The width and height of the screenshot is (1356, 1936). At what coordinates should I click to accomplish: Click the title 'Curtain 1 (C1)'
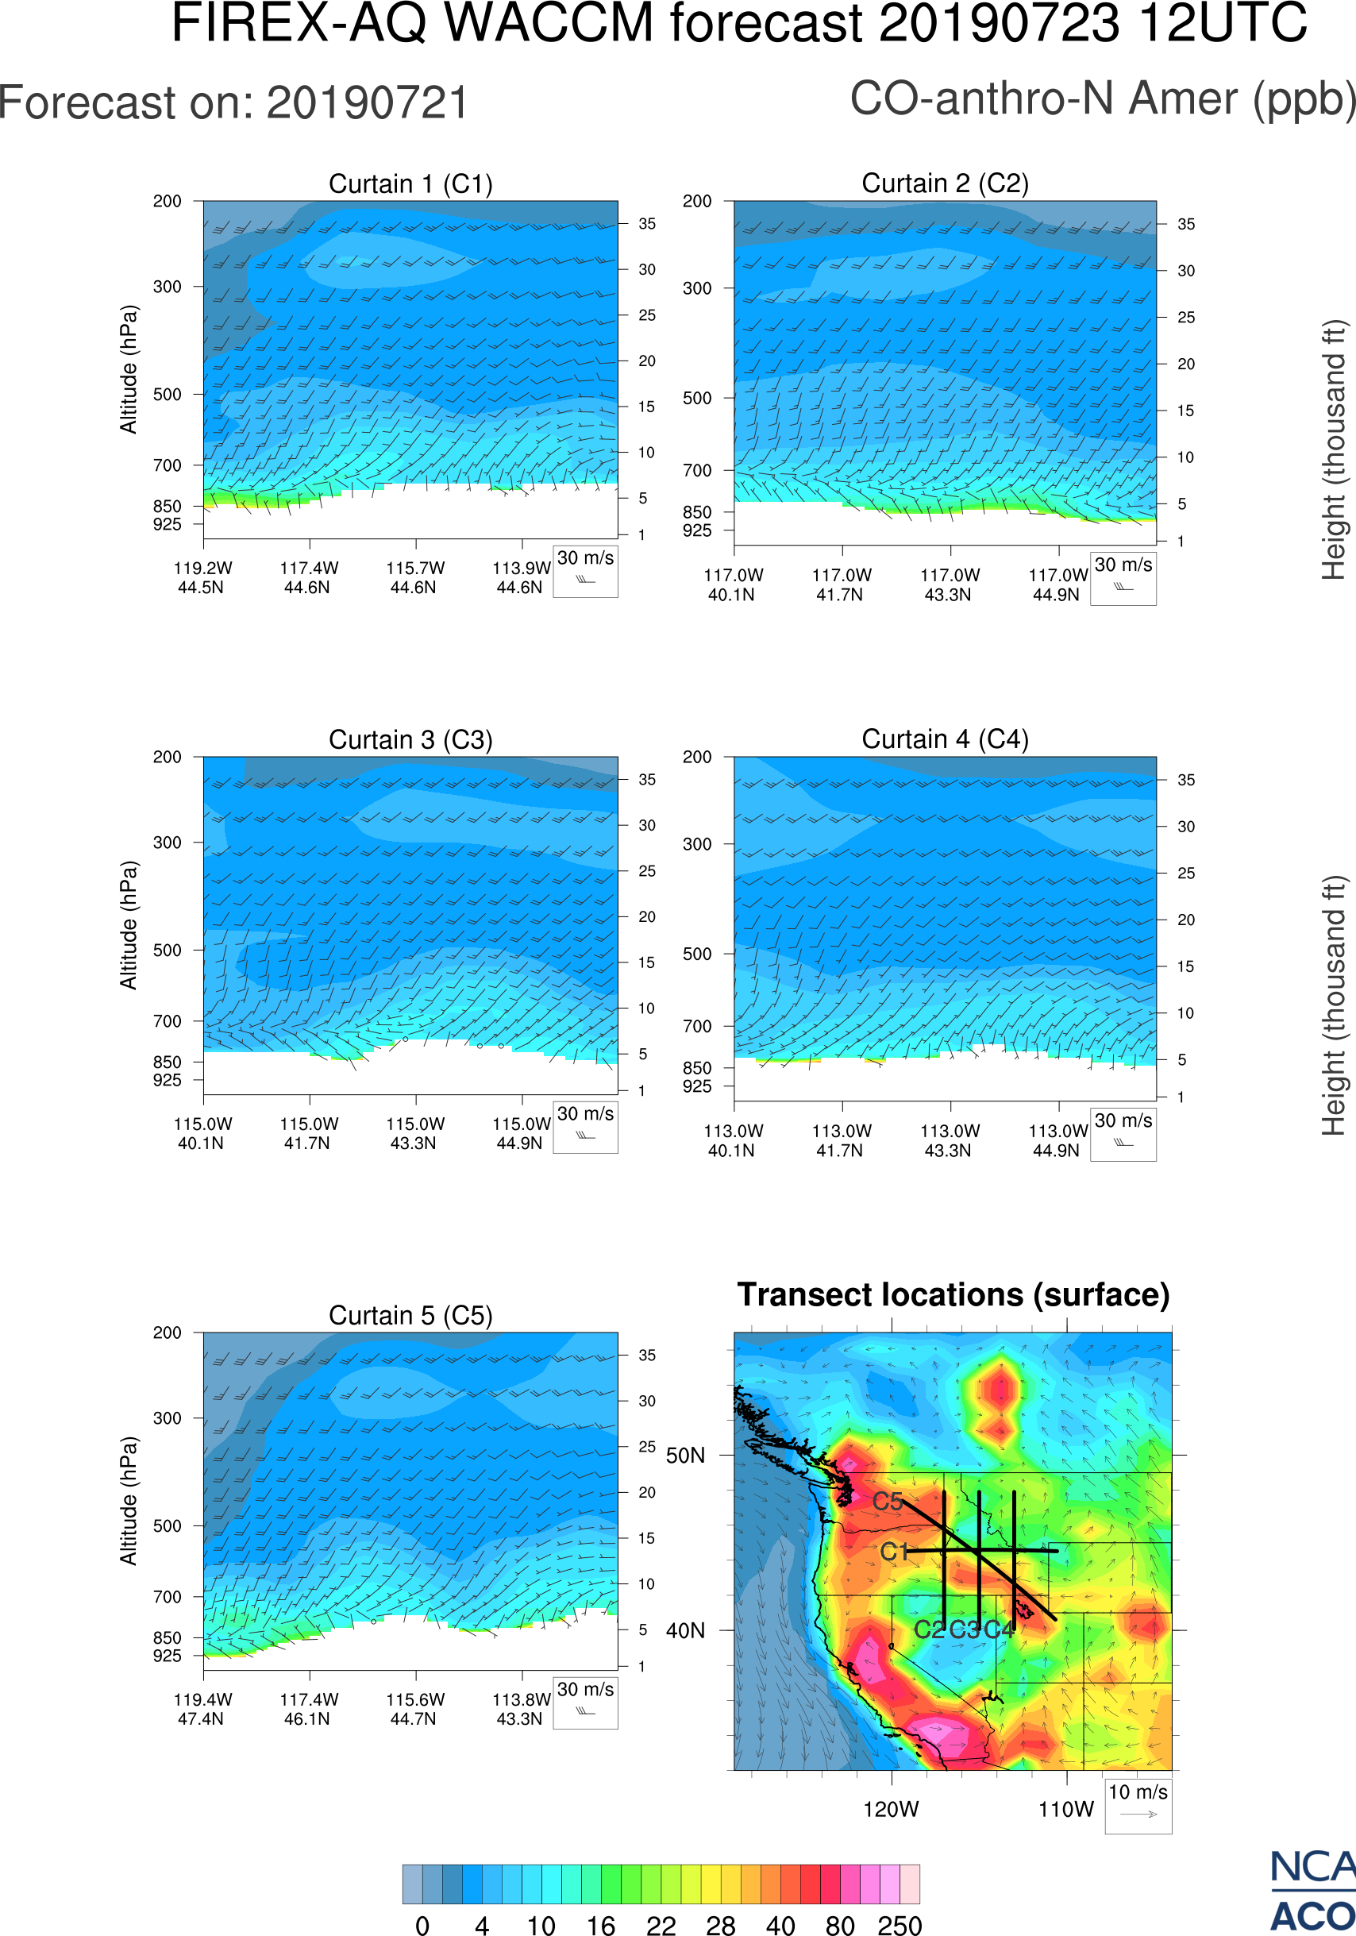410,183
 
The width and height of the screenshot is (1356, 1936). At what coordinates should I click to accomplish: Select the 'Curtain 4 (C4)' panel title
945,739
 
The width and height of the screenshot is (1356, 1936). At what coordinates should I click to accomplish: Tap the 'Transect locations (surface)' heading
953,1294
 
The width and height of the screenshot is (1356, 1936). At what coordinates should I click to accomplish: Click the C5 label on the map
888,1502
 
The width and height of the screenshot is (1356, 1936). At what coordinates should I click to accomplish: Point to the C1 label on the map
894,1552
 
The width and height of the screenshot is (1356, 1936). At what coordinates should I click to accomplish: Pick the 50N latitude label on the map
685,1456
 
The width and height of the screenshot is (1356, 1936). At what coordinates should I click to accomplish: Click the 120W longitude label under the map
891,1809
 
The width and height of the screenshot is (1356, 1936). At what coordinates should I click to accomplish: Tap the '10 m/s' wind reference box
1138,1805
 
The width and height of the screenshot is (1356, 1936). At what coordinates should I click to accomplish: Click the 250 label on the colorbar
900,1925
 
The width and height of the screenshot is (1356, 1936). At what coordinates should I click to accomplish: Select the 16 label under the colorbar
601,1925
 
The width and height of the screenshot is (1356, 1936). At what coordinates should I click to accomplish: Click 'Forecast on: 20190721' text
233,104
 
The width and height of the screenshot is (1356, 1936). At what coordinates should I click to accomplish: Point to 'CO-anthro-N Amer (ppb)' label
1102,99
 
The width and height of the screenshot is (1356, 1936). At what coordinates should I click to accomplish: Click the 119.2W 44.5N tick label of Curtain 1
202,577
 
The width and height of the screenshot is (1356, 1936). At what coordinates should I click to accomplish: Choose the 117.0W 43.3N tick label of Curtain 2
949,584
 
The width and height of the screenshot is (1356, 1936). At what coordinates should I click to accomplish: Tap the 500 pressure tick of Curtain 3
167,951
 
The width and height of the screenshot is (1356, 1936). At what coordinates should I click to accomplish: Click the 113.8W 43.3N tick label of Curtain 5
521,1709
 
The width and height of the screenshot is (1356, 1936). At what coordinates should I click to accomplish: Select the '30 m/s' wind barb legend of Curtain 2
1123,577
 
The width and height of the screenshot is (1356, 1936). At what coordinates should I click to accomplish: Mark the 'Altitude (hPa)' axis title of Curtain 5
128,1501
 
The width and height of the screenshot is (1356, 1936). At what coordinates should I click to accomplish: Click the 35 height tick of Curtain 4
1186,780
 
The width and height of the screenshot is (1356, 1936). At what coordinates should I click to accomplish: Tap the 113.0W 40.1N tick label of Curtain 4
732,1140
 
